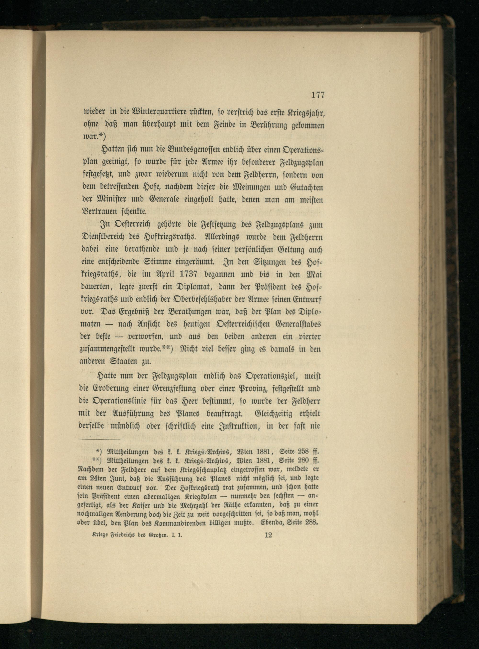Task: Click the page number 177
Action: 318,95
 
